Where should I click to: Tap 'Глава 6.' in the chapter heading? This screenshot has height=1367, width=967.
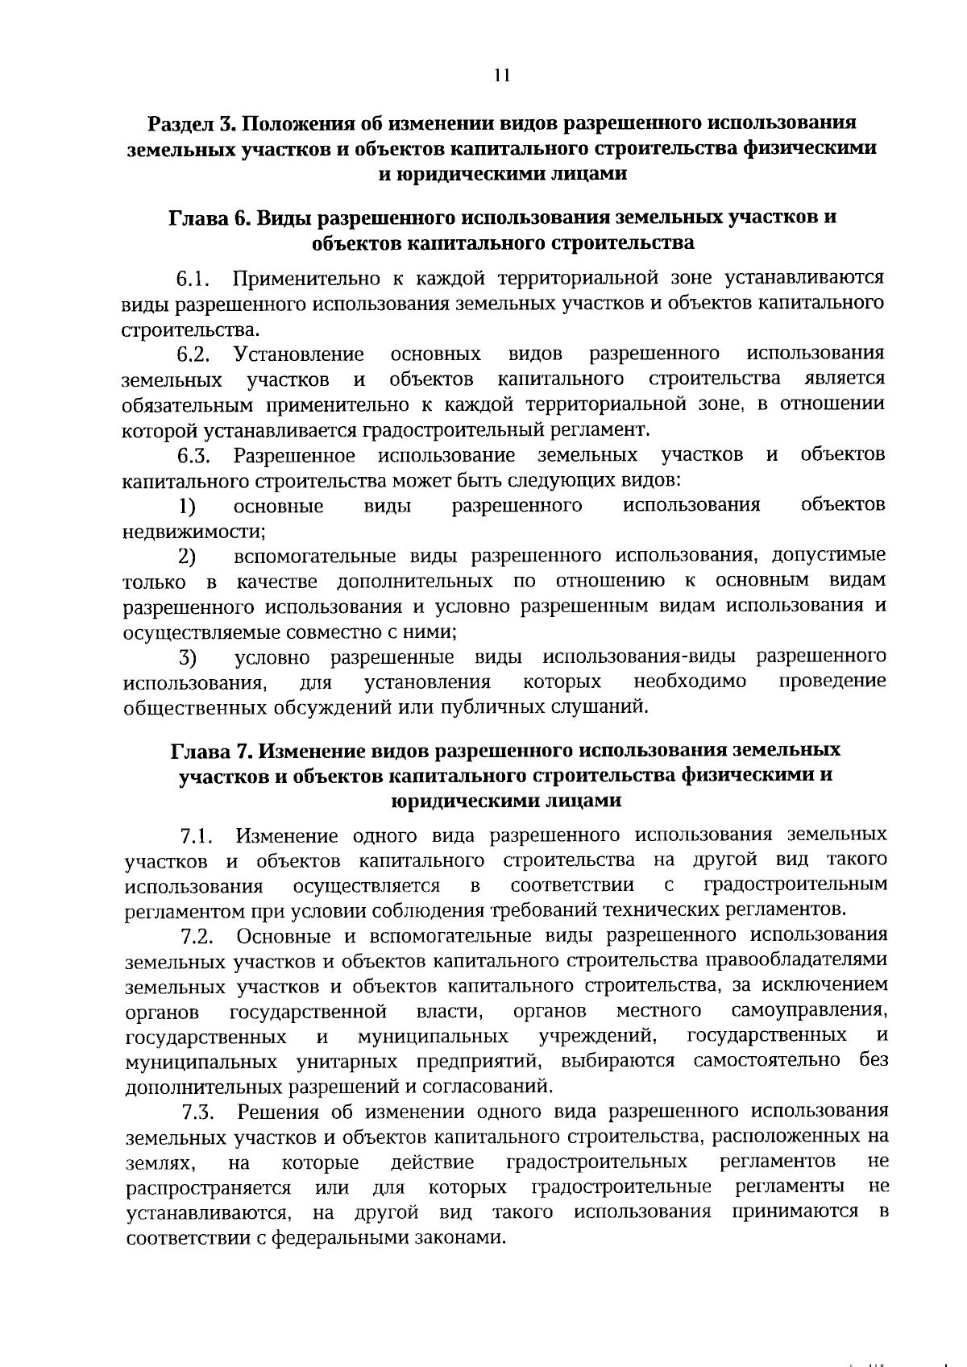(209, 217)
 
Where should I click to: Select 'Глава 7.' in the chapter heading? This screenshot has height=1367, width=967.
(211, 750)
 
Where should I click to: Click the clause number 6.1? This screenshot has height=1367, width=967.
(194, 280)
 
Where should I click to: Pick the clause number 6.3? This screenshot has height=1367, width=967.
(194, 456)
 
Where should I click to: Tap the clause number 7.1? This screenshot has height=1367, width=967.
(197, 835)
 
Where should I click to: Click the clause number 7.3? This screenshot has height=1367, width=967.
(197, 1113)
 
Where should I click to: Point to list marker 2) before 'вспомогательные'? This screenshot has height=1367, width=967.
(188, 557)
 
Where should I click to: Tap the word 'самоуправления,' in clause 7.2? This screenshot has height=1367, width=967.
(810, 1010)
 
